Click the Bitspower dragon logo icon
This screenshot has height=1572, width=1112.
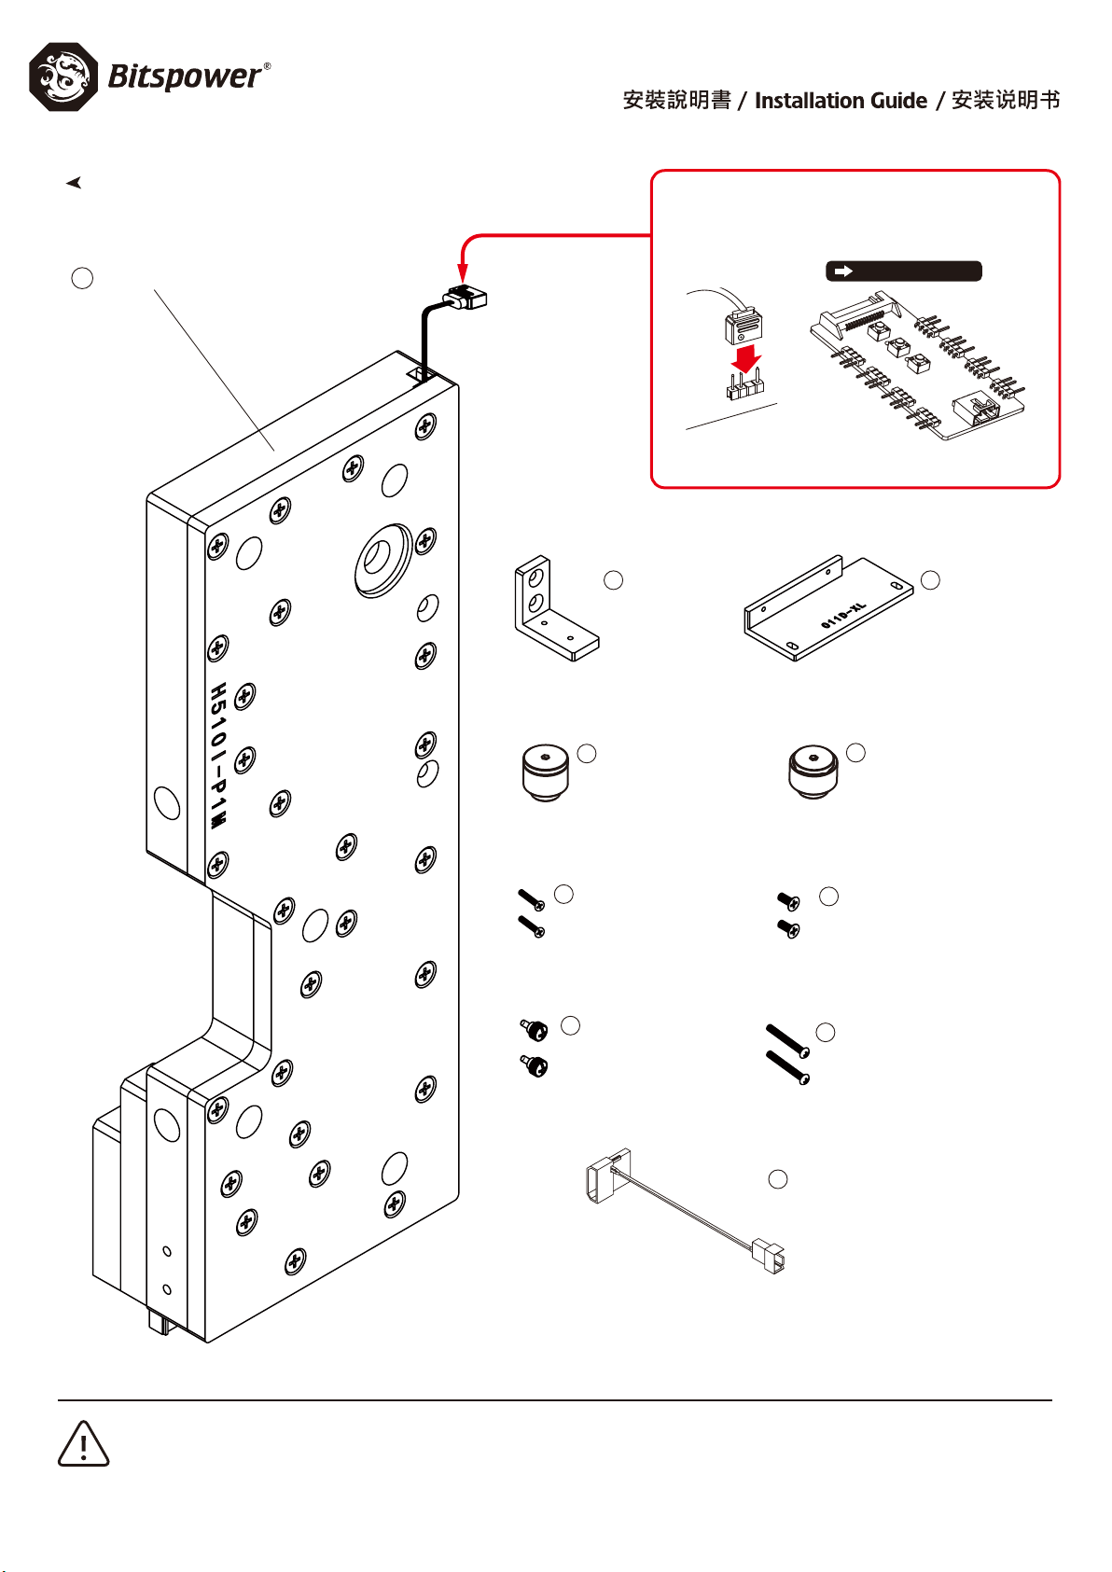point(63,77)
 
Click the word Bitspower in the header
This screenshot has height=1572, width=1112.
point(185,77)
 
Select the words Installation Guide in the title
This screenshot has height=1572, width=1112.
point(841,101)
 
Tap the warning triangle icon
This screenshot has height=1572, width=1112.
point(84,1444)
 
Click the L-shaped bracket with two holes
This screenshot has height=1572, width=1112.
point(550,610)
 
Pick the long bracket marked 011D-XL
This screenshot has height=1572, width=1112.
point(828,610)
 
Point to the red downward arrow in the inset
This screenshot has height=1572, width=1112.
point(745,359)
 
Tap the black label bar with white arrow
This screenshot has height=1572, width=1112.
point(903,271)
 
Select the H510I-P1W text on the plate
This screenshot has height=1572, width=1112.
point(217,756)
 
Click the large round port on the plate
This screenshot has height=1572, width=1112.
point(382,559)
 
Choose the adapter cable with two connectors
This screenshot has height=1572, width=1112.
point(686,1213)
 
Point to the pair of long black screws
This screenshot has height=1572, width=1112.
point(787,1054)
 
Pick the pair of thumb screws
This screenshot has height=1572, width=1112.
point(534,1048)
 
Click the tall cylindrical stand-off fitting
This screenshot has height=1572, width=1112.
point(545,772)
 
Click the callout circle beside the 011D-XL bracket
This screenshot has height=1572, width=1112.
point(930,580)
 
